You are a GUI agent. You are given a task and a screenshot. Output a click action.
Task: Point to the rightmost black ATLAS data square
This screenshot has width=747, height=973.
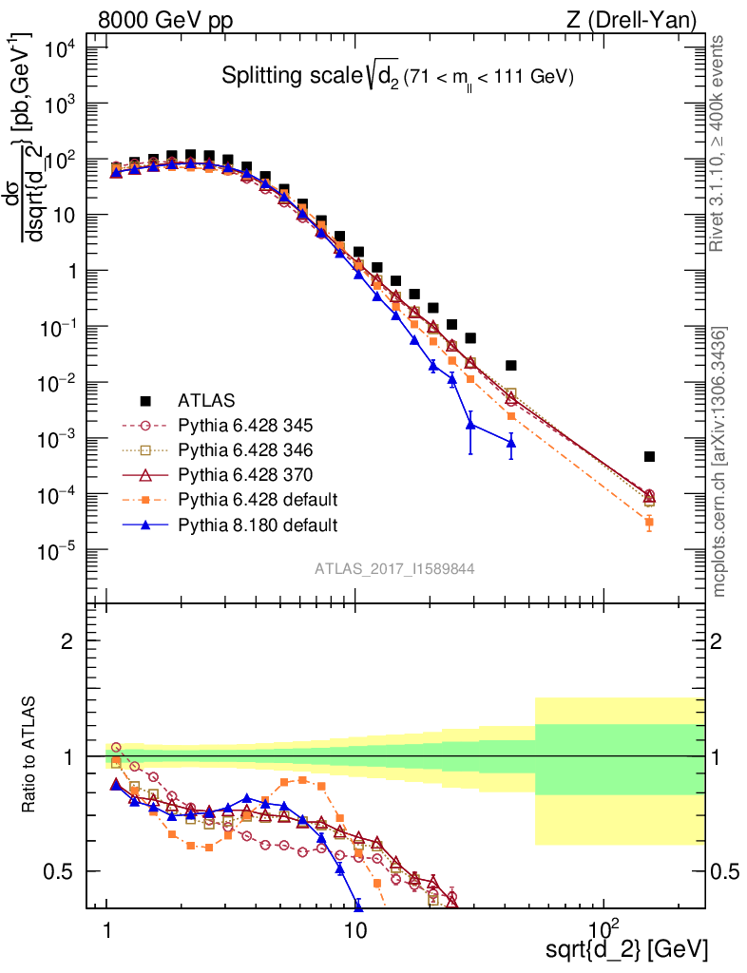649,457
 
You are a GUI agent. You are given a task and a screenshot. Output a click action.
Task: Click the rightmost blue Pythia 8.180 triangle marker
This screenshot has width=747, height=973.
511,443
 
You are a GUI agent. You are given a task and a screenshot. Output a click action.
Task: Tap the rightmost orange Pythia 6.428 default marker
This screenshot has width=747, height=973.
649,523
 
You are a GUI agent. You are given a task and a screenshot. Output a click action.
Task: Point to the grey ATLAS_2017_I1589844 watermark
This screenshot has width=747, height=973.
394,568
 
